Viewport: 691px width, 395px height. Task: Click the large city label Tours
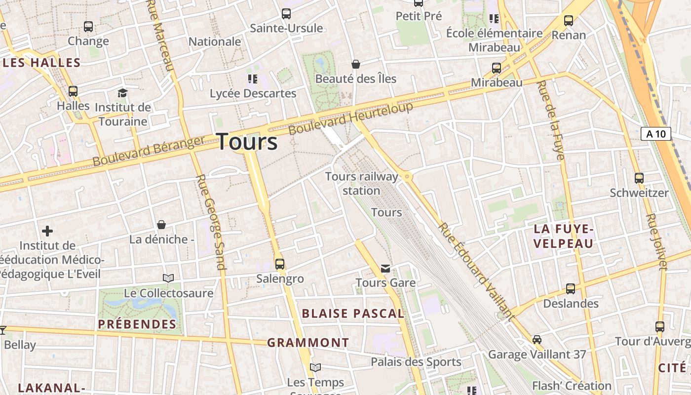[247, 142]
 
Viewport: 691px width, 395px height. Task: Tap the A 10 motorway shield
[656, 133]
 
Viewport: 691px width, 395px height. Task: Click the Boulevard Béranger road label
[148, 152]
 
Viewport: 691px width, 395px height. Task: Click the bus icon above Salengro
[280, 264]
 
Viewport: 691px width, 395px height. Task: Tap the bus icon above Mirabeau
[497, 68]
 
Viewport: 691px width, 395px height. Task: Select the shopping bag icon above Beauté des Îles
[355, 64]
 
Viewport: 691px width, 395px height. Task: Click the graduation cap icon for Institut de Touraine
[122, 93]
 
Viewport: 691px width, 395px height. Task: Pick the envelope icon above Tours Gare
[385, 269]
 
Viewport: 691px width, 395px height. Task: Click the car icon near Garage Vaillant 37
[537, 340]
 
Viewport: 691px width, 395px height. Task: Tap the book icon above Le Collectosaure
[168, 278]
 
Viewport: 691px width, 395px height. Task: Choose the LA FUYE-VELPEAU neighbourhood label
[563, 236]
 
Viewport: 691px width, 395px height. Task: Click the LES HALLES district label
[41, 63]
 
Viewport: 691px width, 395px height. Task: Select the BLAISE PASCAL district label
[353, 314]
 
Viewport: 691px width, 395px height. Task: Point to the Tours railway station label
[361, 183]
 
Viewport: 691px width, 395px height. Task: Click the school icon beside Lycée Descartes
[253, 79]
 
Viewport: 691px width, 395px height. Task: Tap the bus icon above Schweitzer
[639, 178]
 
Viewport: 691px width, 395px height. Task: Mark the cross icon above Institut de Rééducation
[47, 231]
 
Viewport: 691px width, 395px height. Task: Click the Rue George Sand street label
[211, 222]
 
